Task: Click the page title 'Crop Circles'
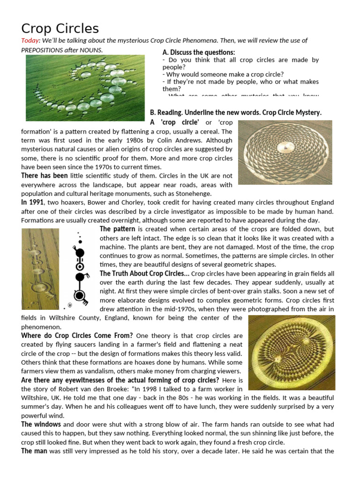60,29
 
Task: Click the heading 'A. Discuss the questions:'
198,52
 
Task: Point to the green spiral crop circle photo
85,88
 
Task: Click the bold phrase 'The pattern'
117,229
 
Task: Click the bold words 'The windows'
41,424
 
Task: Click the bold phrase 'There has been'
45,176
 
